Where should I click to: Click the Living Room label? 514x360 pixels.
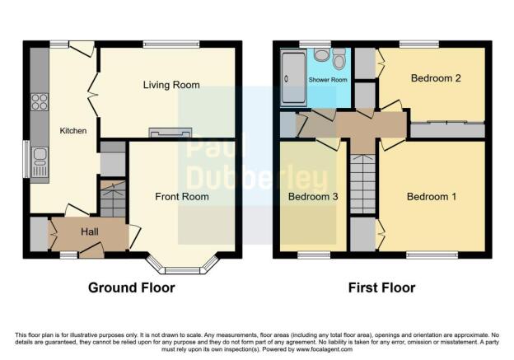171,85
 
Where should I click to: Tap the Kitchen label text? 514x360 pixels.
72,130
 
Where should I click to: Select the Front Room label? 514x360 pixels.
182,197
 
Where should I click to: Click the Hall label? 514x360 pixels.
90,233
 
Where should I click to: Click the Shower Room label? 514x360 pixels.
329,80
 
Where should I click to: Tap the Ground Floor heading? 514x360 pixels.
132,288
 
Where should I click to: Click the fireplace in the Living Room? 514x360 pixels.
170,133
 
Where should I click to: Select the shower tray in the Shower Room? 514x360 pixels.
293,78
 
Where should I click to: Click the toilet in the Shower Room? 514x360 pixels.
339,58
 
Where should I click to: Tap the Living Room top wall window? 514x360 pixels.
171,44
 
